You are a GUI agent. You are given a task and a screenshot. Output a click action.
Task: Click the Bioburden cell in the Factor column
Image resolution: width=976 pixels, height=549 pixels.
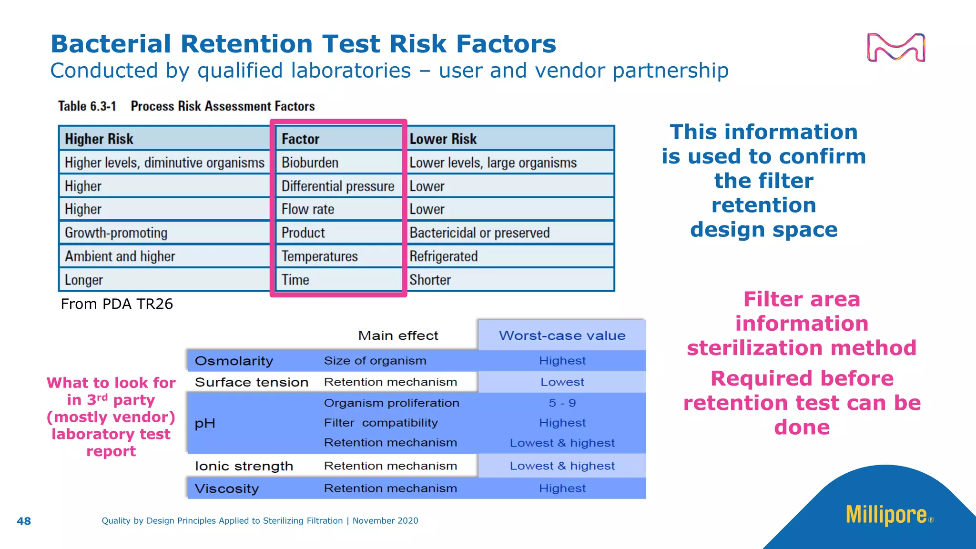point(310,163)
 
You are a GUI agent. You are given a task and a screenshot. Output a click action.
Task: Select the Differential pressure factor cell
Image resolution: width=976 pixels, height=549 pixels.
point(337,186)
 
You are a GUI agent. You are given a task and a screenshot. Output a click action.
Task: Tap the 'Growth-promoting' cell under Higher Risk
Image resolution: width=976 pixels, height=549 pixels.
point(116,233)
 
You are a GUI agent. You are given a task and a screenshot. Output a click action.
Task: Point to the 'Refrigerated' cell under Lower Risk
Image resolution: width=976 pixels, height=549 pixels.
point(443,256)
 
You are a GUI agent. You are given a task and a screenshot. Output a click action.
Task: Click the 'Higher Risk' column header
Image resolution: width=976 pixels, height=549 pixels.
point(99,139)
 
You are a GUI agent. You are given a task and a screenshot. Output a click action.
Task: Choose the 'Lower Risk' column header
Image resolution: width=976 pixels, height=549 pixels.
point(443,139)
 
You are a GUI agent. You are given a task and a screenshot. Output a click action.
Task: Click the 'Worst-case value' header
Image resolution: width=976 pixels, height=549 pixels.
point(562,335)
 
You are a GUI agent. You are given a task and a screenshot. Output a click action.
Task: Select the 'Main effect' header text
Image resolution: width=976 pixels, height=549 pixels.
point(398,335)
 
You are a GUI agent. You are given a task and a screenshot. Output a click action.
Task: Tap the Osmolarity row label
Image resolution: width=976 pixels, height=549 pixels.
point(234,361)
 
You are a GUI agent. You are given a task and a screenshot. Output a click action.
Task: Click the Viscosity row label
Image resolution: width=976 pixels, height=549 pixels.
point(226,488)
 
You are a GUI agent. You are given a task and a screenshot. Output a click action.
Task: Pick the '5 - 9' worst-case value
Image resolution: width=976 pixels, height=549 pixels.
point(562,403)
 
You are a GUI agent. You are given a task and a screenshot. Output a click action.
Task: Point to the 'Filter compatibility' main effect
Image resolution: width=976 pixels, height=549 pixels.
point(380,423)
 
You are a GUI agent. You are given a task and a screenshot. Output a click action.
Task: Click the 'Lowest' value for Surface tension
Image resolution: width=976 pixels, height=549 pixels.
point(562,382)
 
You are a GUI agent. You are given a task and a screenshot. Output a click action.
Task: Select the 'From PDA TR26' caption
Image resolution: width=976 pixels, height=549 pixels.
point(117,304)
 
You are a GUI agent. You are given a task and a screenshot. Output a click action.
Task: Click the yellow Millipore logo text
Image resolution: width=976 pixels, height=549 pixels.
point(886,515)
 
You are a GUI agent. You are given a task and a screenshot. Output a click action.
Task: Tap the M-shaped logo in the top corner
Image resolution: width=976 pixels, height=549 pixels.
point(896,47)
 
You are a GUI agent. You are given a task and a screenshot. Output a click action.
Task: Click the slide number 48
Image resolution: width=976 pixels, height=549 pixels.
point(24,521)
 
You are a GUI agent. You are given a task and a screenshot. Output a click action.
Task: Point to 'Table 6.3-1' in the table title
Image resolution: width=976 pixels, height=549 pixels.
point(87,106)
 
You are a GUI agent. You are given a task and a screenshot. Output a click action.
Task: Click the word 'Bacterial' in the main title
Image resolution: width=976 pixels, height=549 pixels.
point(111,44)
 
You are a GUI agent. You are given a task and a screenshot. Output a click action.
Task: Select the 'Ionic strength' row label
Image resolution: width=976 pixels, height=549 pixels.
point(244,466)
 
